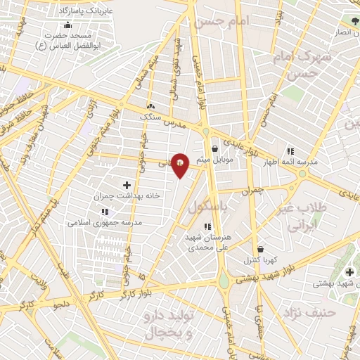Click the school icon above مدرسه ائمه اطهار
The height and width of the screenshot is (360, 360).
[290, 151]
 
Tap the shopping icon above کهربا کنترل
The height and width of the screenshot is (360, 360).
[261, 249]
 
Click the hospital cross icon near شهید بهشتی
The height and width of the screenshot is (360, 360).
[349, 272]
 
